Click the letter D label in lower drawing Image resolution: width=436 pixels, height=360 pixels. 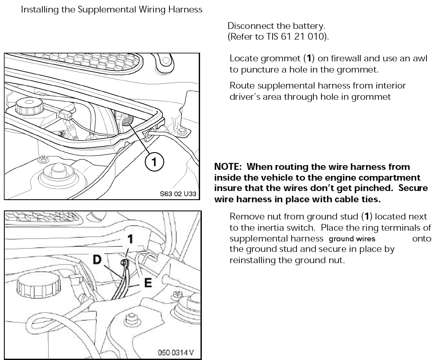tap(98, 260)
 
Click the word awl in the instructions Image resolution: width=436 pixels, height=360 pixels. tap(421, 58)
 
